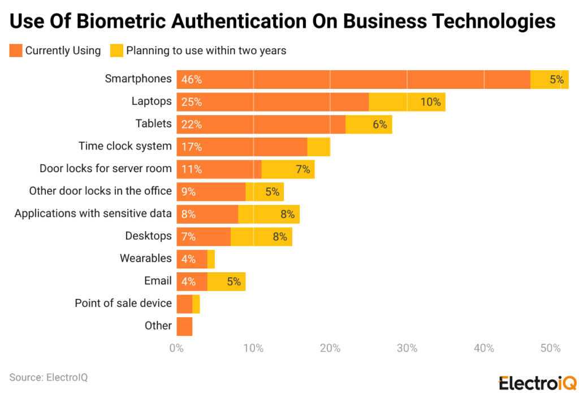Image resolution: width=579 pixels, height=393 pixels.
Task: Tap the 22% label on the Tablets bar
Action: click(x=192, y=125)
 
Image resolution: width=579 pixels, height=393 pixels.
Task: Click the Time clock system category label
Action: click(x=125, y=146)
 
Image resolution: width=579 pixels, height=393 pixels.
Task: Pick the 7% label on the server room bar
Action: click(x=303, y=169)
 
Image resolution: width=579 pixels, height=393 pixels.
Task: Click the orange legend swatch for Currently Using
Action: click(x=16, y=50)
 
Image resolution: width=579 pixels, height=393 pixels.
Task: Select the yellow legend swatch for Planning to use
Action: click(x=116, y=50)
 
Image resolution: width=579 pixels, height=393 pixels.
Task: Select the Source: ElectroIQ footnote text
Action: click(x=49, y=377)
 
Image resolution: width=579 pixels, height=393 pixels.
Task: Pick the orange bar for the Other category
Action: click(x=184, y=326)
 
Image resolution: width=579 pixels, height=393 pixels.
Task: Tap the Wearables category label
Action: click(x=145, y=258)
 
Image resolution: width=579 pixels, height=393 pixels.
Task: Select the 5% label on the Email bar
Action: click(x=234, y=281)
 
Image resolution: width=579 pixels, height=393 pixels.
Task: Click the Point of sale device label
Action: click(x=123, y=303)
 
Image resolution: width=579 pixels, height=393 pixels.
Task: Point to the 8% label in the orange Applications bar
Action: click(x=189, y=214)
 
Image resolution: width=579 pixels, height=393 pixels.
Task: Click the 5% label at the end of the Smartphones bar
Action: click(x=556, y=80)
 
